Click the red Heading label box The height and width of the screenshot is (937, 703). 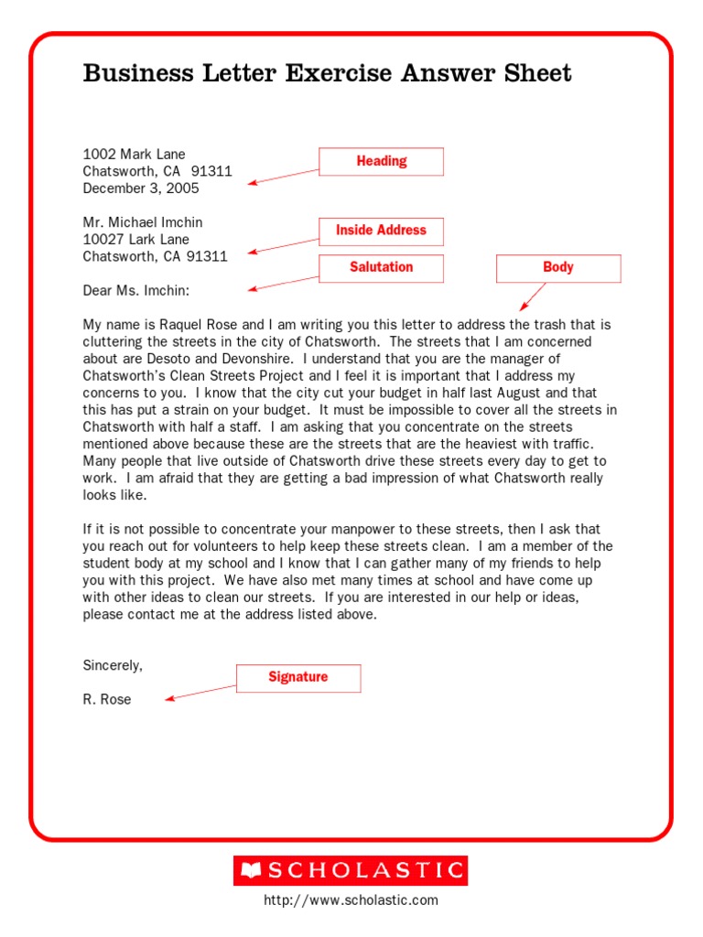381,161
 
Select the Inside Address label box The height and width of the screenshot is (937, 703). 381,231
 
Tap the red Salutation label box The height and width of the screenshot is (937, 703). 381,267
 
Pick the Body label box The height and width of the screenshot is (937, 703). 557,267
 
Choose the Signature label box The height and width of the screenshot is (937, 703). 298,677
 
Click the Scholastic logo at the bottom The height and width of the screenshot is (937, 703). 351,870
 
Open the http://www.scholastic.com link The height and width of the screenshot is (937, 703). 351,900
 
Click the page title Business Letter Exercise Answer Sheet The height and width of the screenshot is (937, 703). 327,73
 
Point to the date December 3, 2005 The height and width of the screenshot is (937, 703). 140,188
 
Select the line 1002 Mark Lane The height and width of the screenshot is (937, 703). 134,154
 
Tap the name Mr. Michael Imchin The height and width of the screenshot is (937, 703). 143,222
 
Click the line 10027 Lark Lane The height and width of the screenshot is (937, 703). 136,240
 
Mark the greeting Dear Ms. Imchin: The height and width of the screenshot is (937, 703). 136,290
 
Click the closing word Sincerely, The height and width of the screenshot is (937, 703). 113,665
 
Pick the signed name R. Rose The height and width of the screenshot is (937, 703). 107,699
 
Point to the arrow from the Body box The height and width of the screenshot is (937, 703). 533,296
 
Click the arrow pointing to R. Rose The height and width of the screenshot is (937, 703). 201,693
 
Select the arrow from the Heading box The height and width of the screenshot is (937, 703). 284,177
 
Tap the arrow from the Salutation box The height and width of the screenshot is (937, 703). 284,283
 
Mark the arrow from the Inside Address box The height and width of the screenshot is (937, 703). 284,246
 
